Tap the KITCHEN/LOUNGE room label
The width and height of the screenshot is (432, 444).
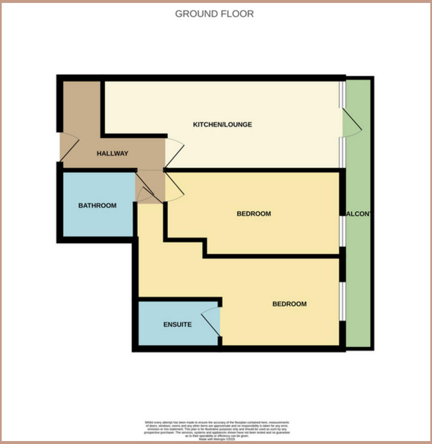pos(222,125)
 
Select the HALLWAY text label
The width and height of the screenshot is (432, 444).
pos(112,153)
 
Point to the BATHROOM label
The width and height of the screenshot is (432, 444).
pos(98,205)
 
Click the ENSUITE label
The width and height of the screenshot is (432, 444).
pos(177,324)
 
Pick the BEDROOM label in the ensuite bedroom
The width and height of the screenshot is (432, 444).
pos(289,304)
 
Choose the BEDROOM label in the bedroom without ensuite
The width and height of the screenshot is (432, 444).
pos(254,213)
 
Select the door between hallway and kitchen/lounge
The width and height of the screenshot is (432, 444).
pos(174,151)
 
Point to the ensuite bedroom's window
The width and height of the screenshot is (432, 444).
pos(343,301)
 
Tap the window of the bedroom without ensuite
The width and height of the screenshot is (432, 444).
pos(343,231)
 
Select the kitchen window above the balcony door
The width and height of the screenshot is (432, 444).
pos(342,94)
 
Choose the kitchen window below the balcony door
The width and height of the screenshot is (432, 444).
pos(342,153)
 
